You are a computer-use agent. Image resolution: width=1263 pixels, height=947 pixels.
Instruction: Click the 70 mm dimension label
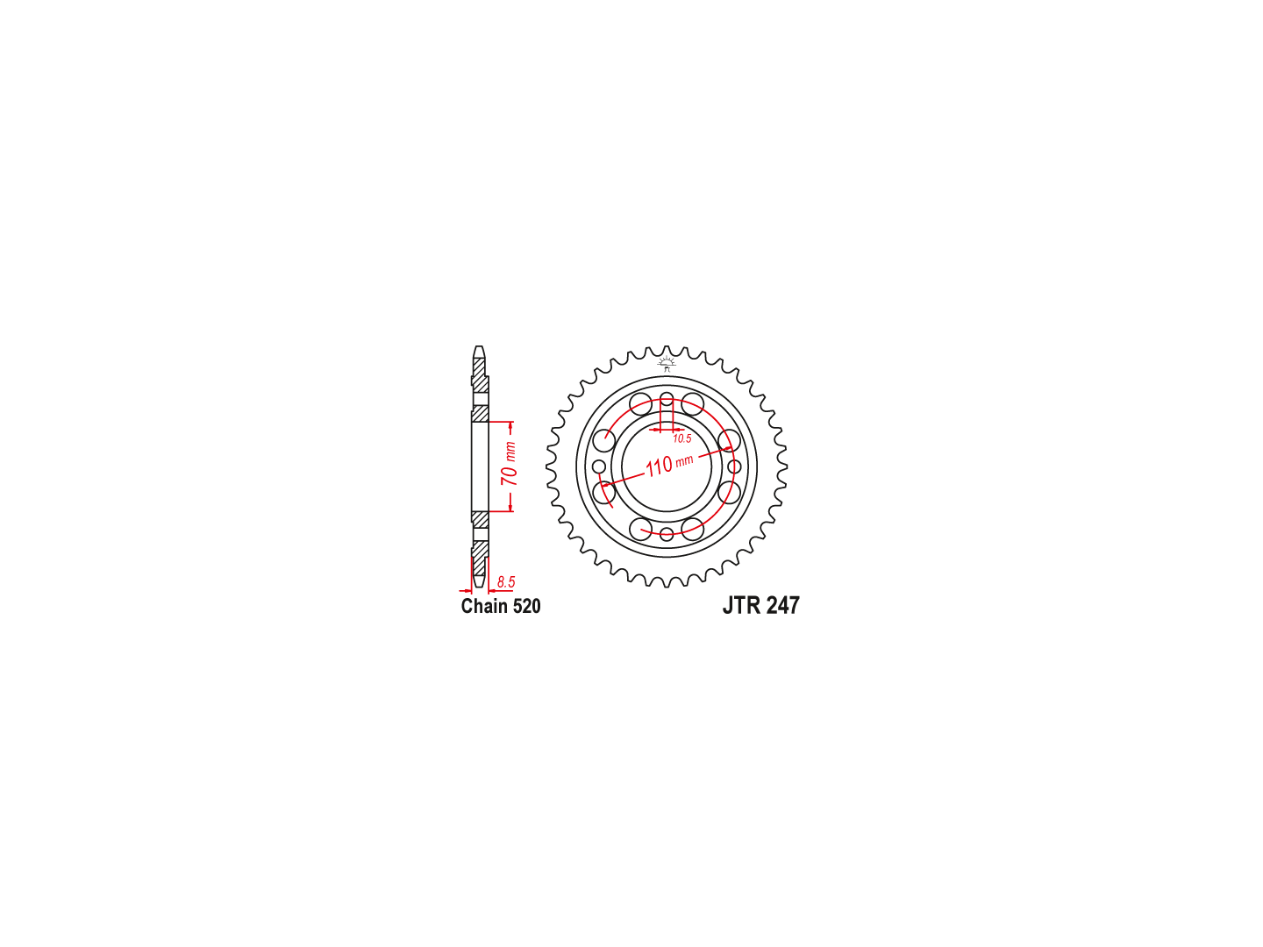point(509,464)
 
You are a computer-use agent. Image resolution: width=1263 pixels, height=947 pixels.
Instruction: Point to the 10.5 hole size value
point(681,438)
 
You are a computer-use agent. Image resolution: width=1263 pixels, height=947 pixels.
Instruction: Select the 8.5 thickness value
point(506,582)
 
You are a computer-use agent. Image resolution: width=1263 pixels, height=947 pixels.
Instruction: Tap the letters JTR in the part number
point(741,605)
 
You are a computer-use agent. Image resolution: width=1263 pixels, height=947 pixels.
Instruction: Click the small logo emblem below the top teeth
point(667,364)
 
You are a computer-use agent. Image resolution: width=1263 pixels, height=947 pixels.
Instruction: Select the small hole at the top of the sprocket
point(667,398)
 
